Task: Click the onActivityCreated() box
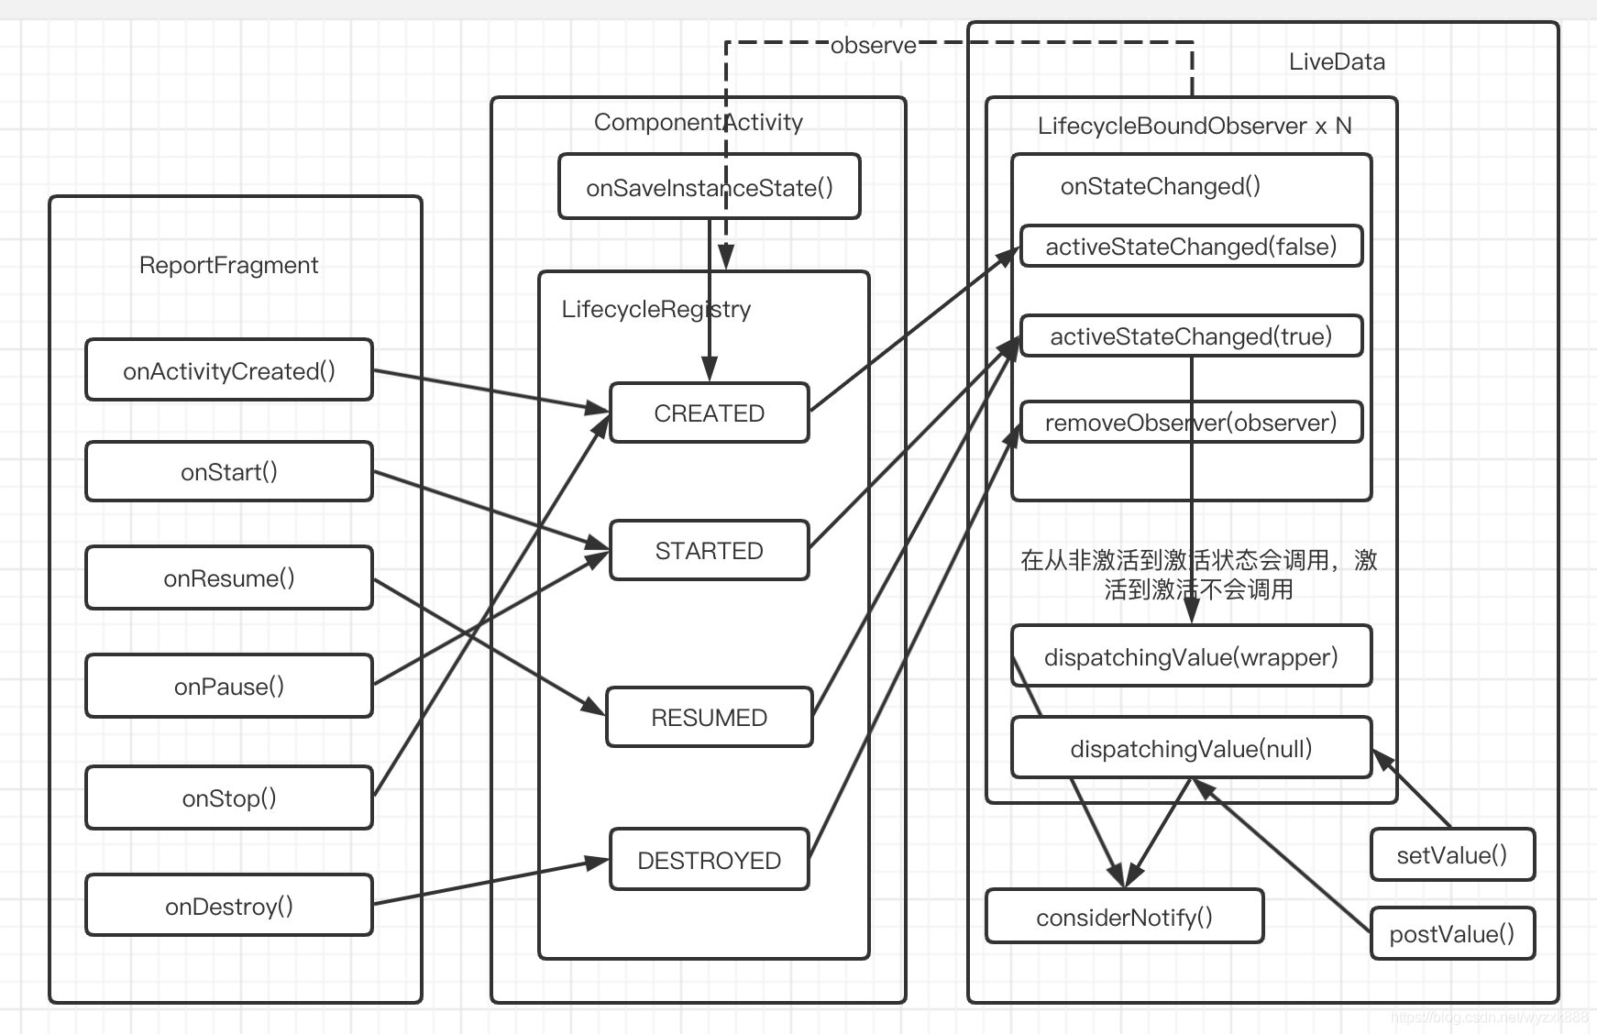coord(229,370)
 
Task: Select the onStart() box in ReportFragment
coord(229,472)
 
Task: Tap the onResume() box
coord(229,578)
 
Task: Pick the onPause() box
coord(229,687)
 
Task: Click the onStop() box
coord(229,798)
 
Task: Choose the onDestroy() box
coord(229,907)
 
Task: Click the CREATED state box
coord(709,413)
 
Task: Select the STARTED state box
coord(709,551)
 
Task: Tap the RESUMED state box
coord(709,718)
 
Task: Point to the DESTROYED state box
coord(709,861)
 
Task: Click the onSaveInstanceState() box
coord(709,188)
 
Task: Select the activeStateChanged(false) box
coord(1191,247)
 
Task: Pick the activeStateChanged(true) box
coord(1191,336)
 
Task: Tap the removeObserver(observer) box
coord(1191,423)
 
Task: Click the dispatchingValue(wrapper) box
coord(1191,657)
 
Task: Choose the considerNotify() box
coord(1124,918)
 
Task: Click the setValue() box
coord(1451,855)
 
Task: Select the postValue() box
coord(1451,934)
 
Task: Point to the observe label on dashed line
coord(873,46)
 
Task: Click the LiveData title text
coord(1336,62)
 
